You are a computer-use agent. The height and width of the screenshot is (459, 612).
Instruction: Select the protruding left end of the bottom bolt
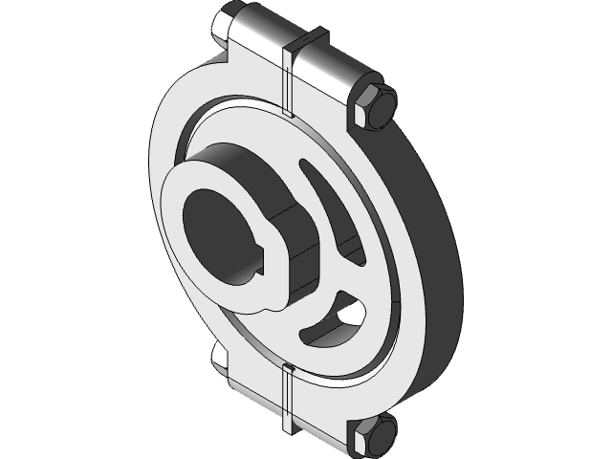[219, 358]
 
